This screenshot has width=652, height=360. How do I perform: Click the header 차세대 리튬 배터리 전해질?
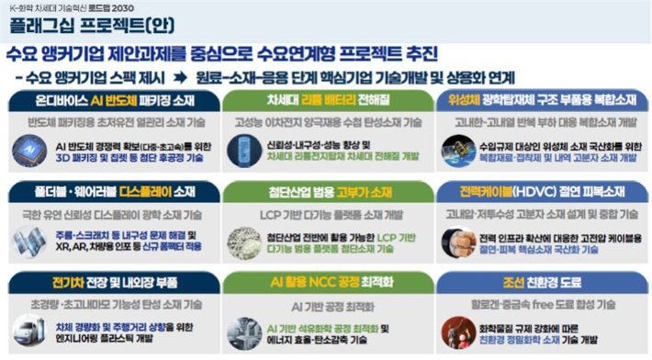click(x=326, y=98)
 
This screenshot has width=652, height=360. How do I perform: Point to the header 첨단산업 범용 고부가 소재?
click(x=326, y=191)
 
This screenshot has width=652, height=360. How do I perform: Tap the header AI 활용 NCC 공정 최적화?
click(x=326, y=281)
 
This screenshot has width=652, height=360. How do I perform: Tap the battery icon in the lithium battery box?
click(x=245, y=150)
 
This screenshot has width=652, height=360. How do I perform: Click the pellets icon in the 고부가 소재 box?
click(x=245, y=242)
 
